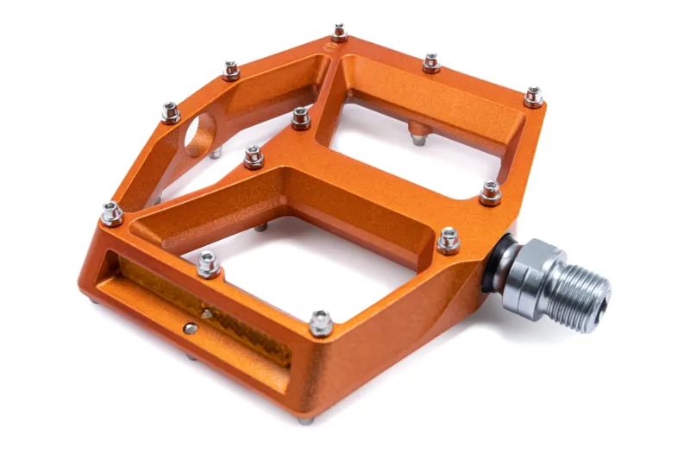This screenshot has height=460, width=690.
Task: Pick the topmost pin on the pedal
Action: pos(339,33)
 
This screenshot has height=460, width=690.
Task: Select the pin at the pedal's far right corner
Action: pos(534,96)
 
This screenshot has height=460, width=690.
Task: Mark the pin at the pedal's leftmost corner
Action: pos(111,212)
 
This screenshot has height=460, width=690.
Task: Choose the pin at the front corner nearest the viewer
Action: pos(321,322)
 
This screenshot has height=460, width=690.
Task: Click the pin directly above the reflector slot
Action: pos(208,262)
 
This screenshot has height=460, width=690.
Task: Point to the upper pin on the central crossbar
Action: pos(300,117)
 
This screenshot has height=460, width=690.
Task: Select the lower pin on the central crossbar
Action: pos(253,156)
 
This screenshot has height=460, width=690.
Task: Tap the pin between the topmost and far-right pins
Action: pos(431,62)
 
